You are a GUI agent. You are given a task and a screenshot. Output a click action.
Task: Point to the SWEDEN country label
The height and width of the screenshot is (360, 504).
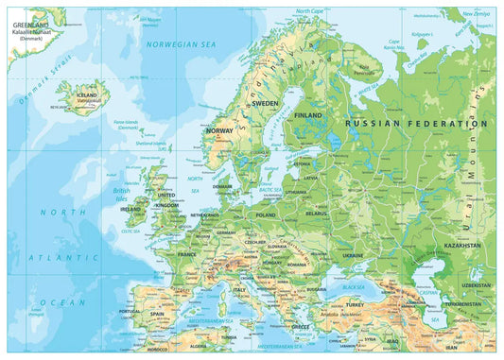pos(265,103)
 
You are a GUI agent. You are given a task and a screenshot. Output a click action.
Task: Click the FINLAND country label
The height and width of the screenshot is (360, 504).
pos(308,114)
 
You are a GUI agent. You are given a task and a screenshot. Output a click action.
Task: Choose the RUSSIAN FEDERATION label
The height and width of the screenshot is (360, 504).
pos(416,123)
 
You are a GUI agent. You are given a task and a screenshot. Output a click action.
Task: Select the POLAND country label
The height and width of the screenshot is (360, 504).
pos(265,214)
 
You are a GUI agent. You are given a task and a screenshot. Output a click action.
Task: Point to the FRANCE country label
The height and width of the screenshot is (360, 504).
pos(187,254)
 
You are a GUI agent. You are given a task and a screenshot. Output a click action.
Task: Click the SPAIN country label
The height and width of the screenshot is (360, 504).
pos(156,313)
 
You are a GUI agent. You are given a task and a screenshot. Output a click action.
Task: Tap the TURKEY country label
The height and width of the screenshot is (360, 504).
pos(355,305)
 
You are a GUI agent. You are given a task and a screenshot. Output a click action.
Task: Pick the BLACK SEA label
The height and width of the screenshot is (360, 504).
pos(354,285)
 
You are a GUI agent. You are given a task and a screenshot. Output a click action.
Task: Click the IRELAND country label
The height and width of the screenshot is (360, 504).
pos(131,210)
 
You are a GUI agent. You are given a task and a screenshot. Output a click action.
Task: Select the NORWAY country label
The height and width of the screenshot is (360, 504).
pos(219,130)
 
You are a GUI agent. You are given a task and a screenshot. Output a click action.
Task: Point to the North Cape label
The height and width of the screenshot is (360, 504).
pos(308,11)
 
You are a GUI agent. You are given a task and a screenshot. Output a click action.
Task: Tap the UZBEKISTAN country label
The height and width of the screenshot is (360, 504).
pos(475,284)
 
